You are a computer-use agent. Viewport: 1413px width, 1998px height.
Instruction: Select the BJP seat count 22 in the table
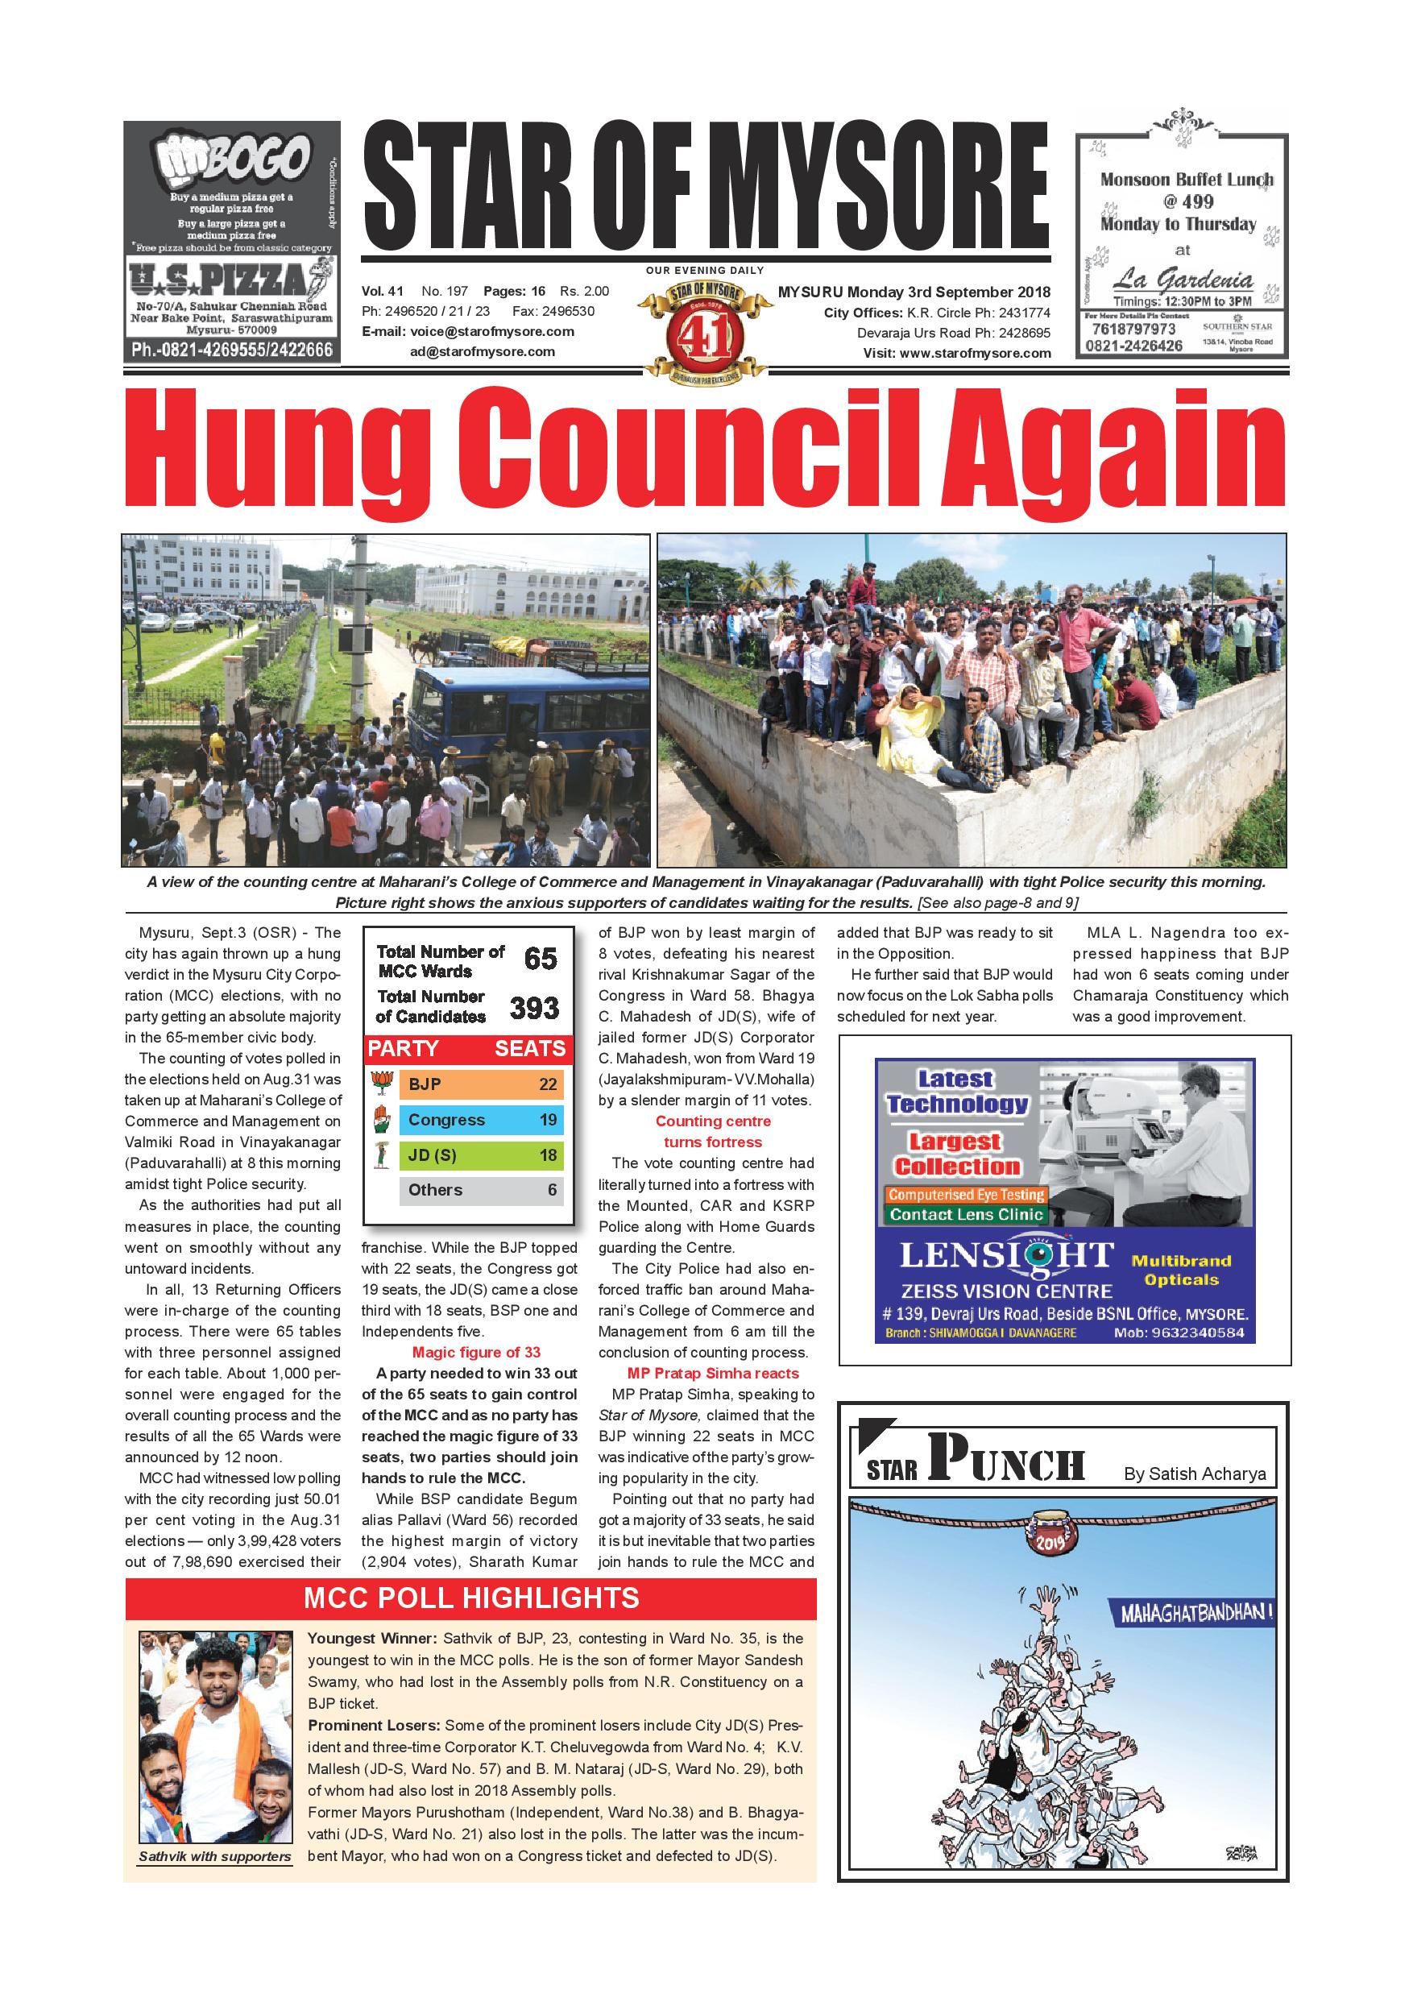547,1084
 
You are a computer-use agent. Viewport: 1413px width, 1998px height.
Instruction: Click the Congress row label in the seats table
446,1120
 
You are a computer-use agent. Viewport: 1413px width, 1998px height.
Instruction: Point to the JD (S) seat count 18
547,1155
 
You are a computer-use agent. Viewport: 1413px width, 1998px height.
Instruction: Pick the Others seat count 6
552,1191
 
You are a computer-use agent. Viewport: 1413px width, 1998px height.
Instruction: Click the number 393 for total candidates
533,1008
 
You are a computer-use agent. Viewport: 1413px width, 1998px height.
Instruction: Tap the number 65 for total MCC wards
541,959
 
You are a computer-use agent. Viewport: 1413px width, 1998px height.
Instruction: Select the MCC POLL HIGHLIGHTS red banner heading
470,1598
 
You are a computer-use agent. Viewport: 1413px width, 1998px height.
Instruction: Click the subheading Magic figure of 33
476,1353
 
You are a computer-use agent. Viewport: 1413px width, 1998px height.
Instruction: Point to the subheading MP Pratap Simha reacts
713,1373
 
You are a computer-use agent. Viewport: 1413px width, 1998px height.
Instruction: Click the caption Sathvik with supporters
215,1856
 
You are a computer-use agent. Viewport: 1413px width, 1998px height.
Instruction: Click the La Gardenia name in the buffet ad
1183,280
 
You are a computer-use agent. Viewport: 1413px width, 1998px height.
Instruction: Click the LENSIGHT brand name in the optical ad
1006,1257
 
